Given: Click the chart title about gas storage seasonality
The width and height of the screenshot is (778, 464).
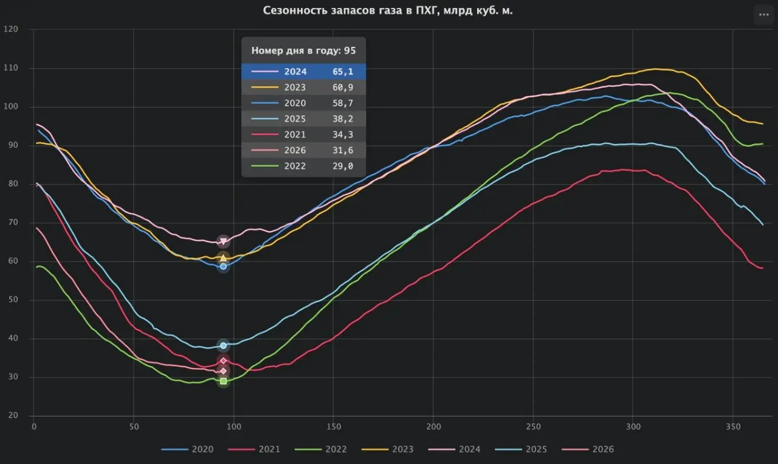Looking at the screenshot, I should (x=388, y=10).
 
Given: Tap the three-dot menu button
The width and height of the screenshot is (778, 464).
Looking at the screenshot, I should (x=763, y=15).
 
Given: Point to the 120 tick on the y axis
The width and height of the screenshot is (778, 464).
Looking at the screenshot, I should (x=11, y=29).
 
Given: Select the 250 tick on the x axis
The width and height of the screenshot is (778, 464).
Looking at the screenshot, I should (x=533, y=427).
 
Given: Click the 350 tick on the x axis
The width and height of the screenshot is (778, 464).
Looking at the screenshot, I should (x=733, y=427).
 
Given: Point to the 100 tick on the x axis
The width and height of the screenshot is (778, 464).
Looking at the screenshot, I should (x=233, y=427).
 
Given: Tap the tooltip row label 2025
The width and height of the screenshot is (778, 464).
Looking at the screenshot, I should (x=295, y=119).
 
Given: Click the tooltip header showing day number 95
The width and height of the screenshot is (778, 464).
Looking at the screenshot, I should (x=303, y=50).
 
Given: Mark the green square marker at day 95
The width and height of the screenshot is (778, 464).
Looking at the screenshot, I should (x=223, y=381).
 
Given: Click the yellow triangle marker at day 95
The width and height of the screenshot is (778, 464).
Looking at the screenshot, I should (x=223, y=258).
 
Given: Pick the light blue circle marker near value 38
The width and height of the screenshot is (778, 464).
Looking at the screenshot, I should (x=223, y=345).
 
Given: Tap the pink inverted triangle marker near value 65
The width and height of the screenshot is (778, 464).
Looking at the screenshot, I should (x=223, y=241).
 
